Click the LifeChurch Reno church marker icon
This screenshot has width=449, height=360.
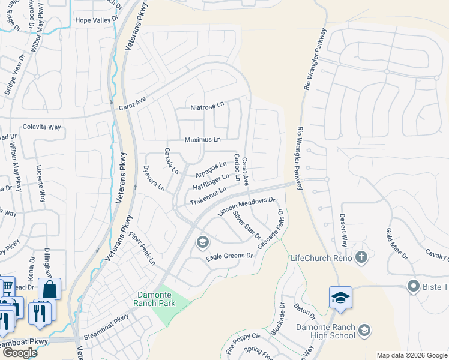pos(361,258)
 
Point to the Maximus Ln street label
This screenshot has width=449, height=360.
pos(202,139)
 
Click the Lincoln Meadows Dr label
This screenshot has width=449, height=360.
pos(246,207)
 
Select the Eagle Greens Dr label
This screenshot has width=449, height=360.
pos(231,256)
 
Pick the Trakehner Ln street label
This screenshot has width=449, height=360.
pos(208,196)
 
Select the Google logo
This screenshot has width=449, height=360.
pos(20,353)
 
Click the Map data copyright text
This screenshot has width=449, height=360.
pos(411,355)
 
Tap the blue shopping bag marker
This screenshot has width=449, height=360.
pos(49,289)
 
